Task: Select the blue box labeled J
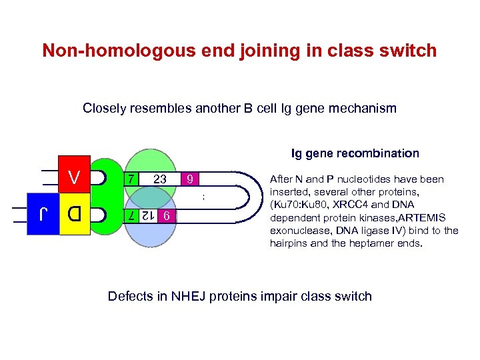(44, 215)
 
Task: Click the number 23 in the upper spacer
(159, 179)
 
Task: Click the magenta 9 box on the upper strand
(190, 179)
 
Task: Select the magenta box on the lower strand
(169, 216)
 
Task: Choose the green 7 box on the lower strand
(131, 216)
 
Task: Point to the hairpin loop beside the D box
(101, 215)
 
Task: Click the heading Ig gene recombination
(355, 153)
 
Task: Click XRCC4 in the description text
(357, 205)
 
